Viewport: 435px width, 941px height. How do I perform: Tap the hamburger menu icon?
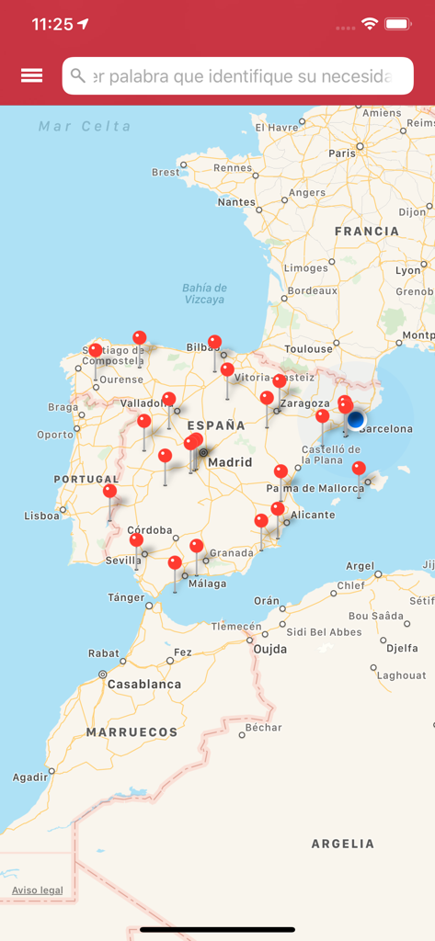pos(31,75)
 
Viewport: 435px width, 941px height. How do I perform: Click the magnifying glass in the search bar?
pos(78,76)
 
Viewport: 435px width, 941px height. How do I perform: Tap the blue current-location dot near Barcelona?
pos(356,420)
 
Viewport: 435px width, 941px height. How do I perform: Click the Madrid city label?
pos(230,462)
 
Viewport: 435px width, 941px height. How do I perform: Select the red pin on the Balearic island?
pos(359,469)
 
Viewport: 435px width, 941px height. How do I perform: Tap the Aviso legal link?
pos(38,890)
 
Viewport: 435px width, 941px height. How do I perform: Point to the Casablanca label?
pos(144,685)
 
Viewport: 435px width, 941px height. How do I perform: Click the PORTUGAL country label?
pos(86,479)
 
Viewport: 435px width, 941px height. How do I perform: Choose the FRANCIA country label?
pos(367,232)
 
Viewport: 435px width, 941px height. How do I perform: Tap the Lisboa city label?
pos(42,516)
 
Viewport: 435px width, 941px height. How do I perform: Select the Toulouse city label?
pos(308,349)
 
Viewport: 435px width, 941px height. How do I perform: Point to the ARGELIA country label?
pos(343,843)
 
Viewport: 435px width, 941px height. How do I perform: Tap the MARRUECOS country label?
pos(132,732)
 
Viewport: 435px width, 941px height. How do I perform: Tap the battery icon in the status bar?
pos(398,24)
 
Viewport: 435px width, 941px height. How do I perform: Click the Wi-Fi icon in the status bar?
pos(370,24)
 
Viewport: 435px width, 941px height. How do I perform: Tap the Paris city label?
pos(342,153)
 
